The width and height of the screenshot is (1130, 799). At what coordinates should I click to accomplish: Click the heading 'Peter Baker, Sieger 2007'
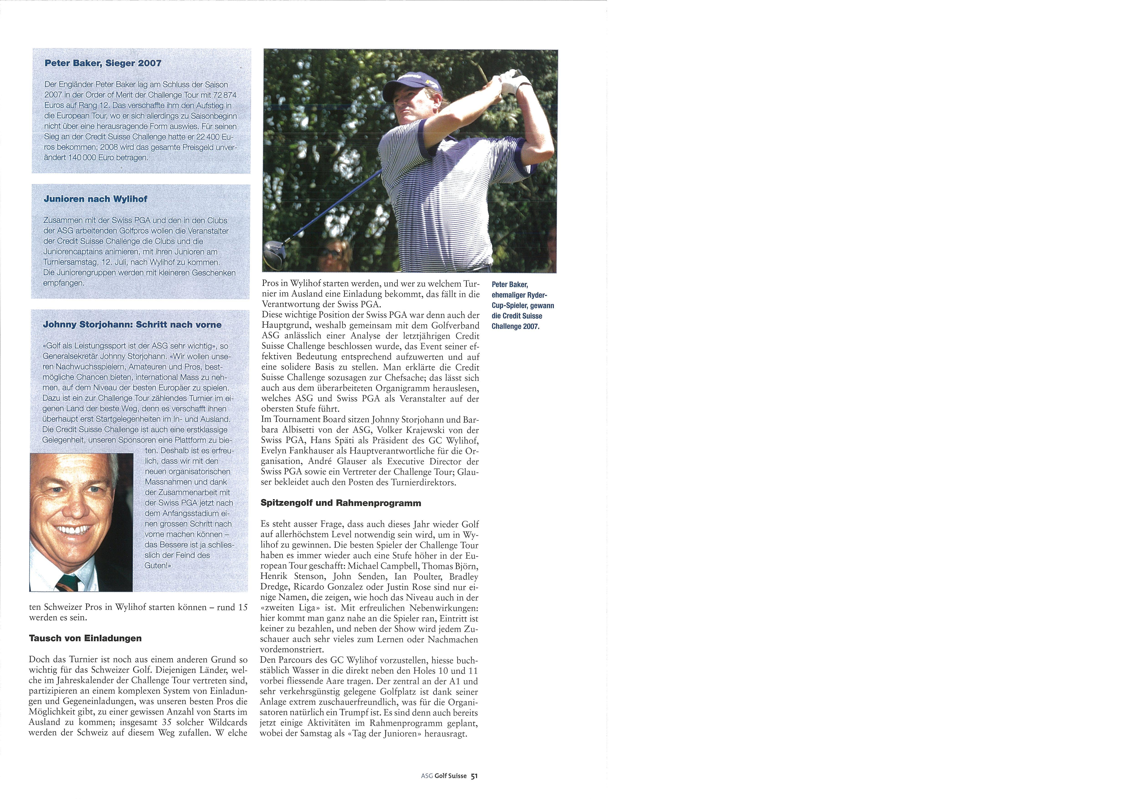(103, 64)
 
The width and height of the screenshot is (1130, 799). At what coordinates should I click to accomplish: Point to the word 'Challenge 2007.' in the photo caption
(515, 326)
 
